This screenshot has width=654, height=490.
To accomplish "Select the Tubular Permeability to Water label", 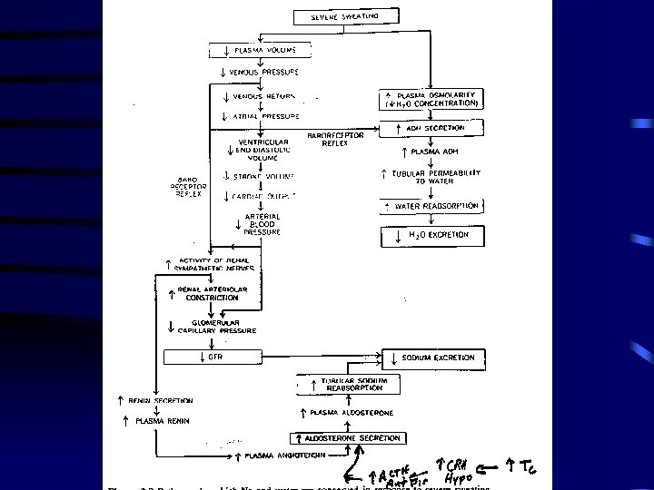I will pyautogui.click(x=434, y=177).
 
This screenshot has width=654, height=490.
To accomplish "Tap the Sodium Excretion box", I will pyautogui.click(x=432, y=358).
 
